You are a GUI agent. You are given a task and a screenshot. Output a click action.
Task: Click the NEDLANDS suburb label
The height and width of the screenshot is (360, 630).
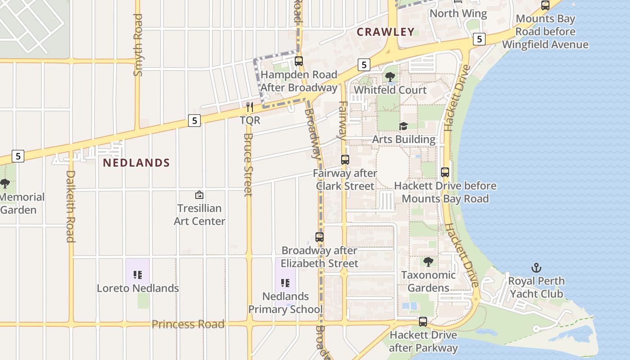pos(136,163)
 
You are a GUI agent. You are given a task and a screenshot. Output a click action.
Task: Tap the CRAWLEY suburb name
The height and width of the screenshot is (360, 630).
pos(386,32)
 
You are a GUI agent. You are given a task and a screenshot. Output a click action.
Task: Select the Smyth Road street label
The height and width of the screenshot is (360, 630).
pos(138,45)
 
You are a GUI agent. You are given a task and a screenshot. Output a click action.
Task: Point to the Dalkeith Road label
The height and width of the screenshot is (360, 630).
pos(70,206)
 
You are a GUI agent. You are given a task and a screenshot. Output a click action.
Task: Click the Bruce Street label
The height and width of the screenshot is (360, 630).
pos(248,165)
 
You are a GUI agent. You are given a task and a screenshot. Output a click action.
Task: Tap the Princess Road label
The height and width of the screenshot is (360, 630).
pos(188,324)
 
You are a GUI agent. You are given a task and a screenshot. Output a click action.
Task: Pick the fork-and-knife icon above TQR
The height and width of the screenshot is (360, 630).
pos(250,107)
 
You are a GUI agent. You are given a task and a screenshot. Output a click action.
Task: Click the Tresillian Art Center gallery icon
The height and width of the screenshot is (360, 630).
pos(199,195)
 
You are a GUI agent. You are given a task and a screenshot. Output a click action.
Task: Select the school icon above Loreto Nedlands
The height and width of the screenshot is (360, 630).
pos(138,274)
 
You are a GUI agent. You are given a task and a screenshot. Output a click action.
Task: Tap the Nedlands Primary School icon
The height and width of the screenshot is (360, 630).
pos(285,283)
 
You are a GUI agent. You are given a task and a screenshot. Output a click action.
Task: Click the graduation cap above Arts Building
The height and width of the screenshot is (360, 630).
pos(403,126)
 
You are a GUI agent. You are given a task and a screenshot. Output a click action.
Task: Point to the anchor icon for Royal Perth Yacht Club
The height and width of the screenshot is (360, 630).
pos(536,268)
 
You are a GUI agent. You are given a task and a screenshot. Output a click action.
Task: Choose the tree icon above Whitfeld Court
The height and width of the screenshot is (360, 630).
pos(390,77)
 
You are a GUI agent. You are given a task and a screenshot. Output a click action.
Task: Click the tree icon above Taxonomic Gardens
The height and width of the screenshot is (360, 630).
pos(428,261)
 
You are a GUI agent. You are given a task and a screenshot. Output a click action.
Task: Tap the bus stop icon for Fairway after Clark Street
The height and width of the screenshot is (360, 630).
pos(345,159)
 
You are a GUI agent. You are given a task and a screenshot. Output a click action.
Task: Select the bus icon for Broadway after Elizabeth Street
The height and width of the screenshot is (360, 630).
pos(319,237)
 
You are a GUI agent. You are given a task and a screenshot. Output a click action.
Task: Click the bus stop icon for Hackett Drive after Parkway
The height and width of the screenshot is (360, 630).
pos(423,322)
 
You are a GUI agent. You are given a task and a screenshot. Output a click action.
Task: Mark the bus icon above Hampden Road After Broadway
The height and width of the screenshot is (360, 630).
pos(298,61)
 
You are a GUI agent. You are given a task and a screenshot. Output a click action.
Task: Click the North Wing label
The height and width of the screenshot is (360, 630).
pos(458,13)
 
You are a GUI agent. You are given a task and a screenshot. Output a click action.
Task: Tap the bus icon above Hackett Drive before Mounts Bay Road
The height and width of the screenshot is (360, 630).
pos(445,172)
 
